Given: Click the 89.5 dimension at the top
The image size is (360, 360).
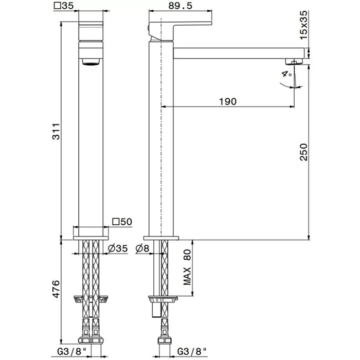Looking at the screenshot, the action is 180,6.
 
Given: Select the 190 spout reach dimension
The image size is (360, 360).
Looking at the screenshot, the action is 228,101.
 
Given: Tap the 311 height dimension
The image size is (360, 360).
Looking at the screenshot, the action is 56,131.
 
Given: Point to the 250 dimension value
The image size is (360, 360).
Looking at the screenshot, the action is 303,152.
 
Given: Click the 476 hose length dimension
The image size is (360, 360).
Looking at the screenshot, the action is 56,289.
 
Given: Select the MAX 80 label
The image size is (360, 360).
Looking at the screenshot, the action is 187,267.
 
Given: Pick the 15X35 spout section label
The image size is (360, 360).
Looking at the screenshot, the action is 303,25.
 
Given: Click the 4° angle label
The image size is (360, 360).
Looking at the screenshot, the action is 287,74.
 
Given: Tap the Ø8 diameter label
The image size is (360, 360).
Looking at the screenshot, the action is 142,248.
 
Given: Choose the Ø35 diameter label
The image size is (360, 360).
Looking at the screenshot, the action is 118,248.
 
